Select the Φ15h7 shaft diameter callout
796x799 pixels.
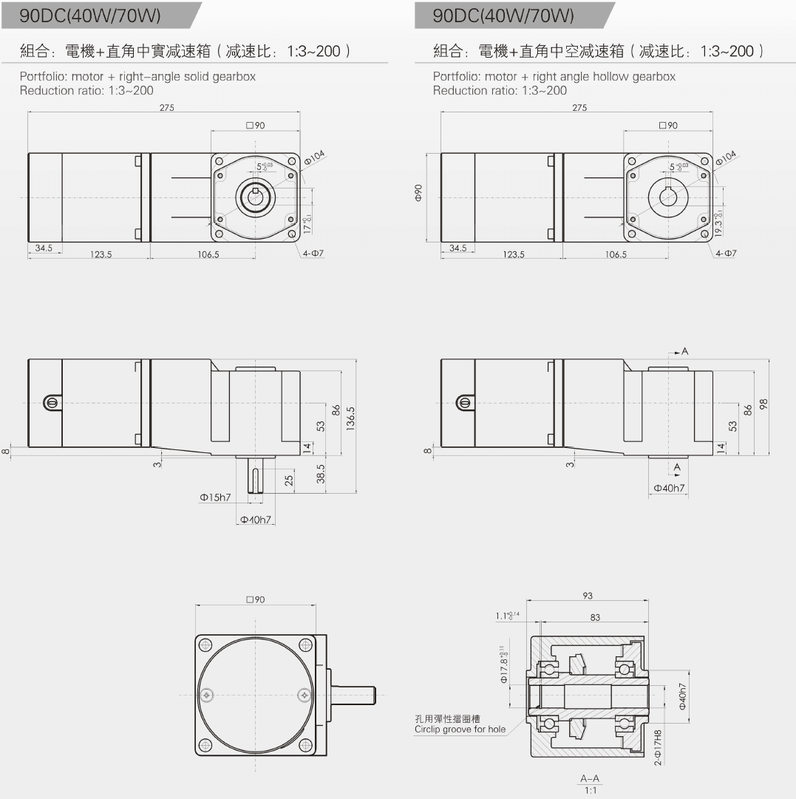pyautogui.click(x=216, y=498)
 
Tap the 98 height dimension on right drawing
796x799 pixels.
pyautogui.click(x=763, y=404)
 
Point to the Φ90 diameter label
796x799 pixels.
pyautogui.click(x=418, y=194)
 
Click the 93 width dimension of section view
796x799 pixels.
pyautogui.click(x=588, y=596)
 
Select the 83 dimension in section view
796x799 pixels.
pyautogui.click(x=595, y=616)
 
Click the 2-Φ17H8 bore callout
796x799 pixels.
pyautogui.click(x=658, y=747)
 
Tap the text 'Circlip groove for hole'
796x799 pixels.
pyautogui.click(x=460, y=730)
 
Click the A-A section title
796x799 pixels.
pyautogui.click(x=590, y=778)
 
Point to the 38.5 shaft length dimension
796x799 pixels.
pyautogui.click(x=321, y=474)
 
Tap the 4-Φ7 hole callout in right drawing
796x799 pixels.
pyautogui.click(x=726, y=254)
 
